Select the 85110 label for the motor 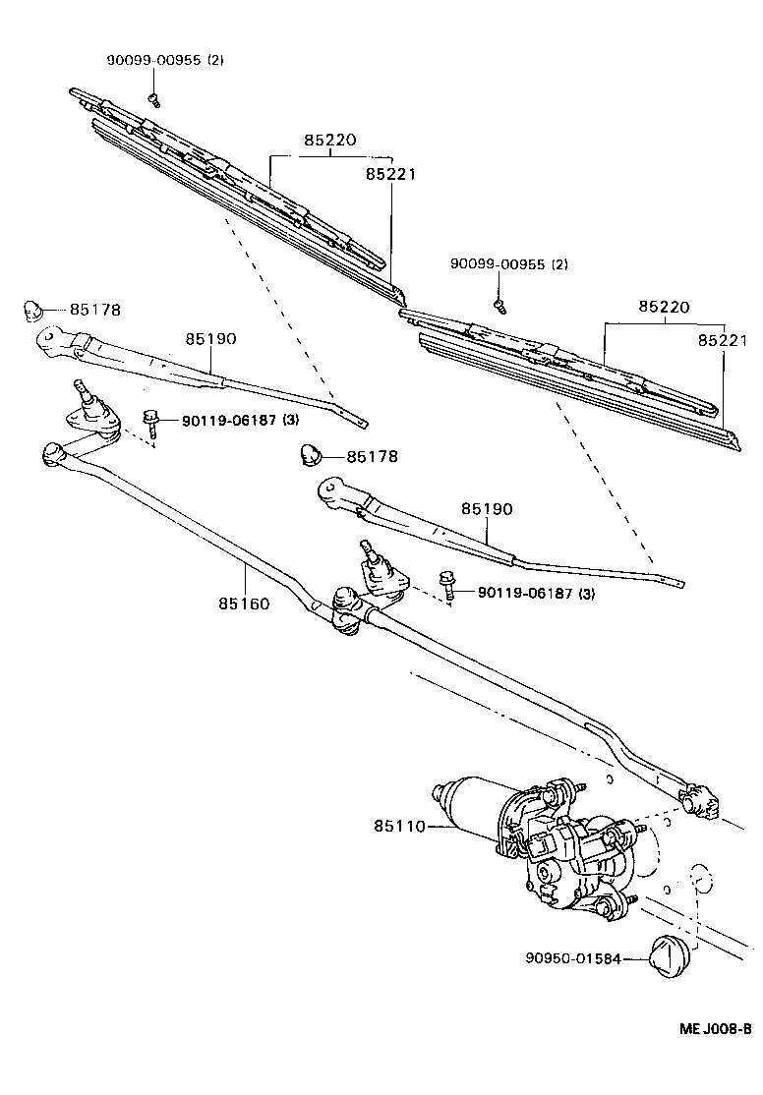(x=398, y=827)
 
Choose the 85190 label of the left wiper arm (x=210, y=338)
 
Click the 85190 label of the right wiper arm (x=487, y=509)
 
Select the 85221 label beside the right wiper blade (x=723, y=341)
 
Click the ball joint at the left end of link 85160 (x=53, y=453)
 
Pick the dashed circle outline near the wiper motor (x=698, y=878)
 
